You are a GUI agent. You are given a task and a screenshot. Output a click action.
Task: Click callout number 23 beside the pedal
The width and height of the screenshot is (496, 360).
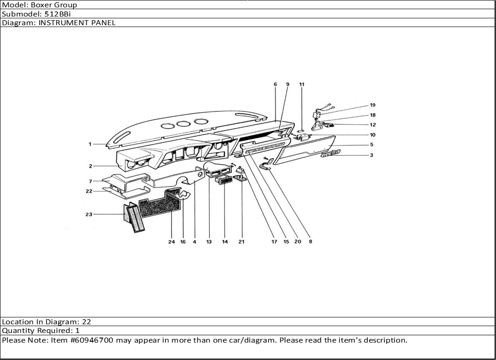tap(89, 214)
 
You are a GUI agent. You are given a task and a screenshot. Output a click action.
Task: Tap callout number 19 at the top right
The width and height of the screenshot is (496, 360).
tap(372, 105)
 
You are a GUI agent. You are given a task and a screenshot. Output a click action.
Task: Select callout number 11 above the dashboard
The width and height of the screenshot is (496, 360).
tap(302, 84)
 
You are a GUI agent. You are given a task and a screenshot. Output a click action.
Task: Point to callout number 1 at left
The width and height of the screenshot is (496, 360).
tap(90, 144)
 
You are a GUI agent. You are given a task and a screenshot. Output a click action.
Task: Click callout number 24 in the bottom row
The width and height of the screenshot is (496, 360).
tap(171, 242)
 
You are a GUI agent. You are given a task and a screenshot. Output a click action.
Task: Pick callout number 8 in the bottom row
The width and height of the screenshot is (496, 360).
tap(310, 242)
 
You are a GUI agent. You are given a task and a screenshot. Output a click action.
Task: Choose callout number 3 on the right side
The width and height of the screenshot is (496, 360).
tap(371, 155)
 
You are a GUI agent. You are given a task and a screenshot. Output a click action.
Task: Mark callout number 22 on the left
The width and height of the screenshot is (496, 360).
tap(89, 191)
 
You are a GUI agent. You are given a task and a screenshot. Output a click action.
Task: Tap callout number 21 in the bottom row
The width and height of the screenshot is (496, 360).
tap(241, 242)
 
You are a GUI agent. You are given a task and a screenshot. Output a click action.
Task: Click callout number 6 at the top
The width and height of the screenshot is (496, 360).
tap(275, 84)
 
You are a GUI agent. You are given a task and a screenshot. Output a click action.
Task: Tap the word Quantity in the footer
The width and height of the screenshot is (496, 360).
tap(18, 331)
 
